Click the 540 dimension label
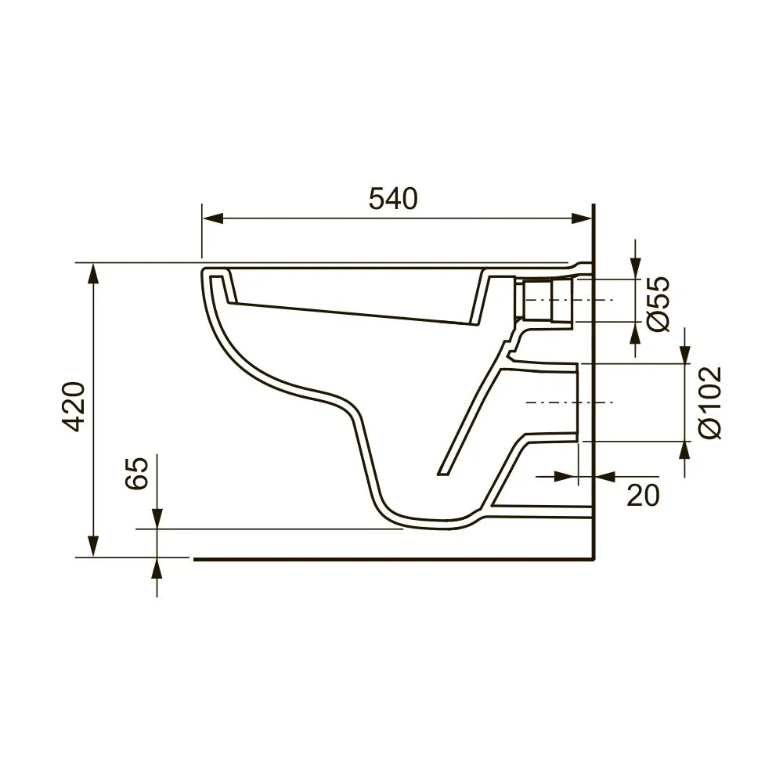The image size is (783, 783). tap(393, 199)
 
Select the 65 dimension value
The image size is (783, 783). tap(137, 473)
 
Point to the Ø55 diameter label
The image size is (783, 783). tap(658, 304)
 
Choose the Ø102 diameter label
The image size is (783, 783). tap(711, 402)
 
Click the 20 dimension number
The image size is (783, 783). tap(643, 495)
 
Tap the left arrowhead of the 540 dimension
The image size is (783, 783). tap(212, 218)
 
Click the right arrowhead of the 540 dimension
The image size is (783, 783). tap(582, 218)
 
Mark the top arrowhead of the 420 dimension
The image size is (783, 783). tap(93, 274)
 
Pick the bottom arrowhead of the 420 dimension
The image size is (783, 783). tap(93, 546)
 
